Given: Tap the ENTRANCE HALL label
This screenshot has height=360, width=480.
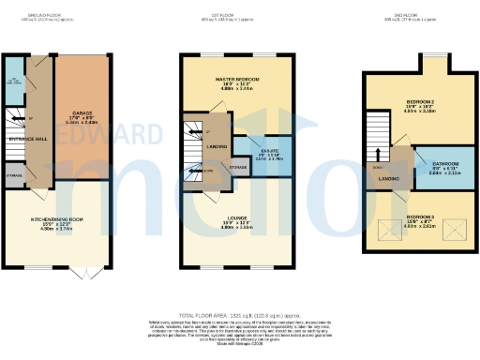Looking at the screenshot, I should click(x=29, y=138).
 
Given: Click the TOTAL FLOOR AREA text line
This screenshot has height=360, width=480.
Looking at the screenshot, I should click(x=239, y=317).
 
